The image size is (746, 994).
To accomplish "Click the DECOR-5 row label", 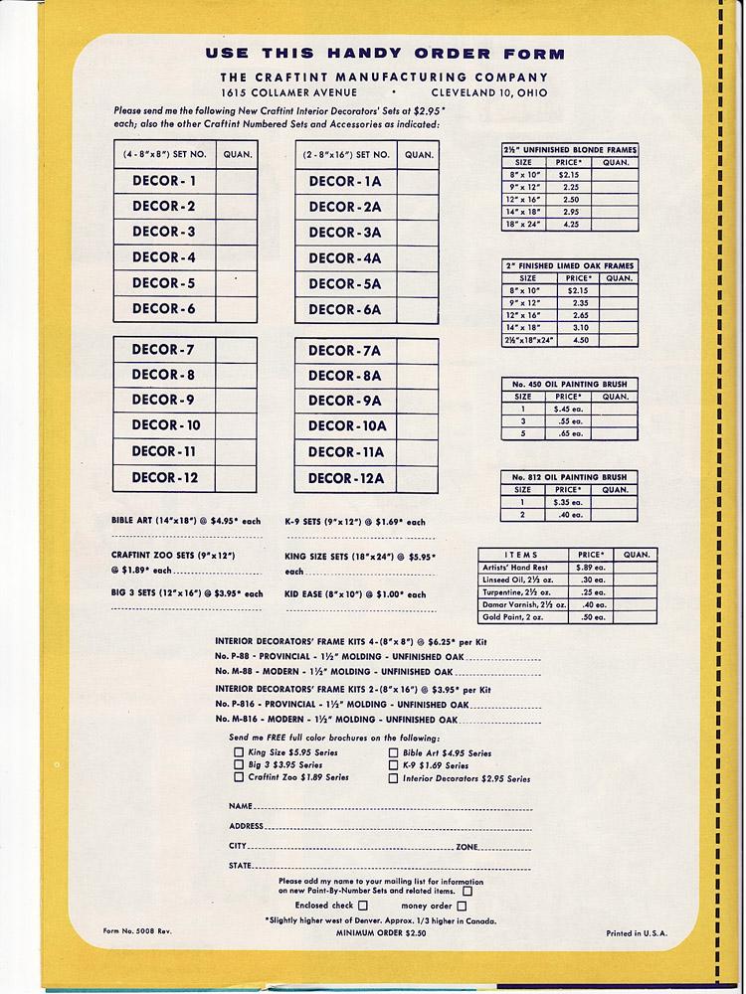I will [x=163, y=283].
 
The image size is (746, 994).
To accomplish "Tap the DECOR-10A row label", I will [x=346, y=426].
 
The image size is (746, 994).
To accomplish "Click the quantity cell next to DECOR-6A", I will [x=418, y=309].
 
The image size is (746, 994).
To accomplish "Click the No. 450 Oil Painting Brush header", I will [x=569, y=385].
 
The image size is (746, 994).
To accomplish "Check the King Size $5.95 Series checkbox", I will [x=239, y=753].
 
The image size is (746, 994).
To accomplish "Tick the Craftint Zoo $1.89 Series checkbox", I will [x=239, y=778].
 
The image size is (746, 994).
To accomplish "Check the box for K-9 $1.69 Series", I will [x=394, y=766].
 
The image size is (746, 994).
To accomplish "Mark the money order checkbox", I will [x=461, y=906].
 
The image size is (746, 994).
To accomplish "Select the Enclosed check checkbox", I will [x=363, y=906].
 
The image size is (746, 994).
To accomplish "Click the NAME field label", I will [x=239, y=804].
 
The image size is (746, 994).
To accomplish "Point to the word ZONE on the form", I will [x=466, y=846].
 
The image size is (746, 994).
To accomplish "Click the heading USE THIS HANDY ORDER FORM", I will [x=384, y=55].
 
